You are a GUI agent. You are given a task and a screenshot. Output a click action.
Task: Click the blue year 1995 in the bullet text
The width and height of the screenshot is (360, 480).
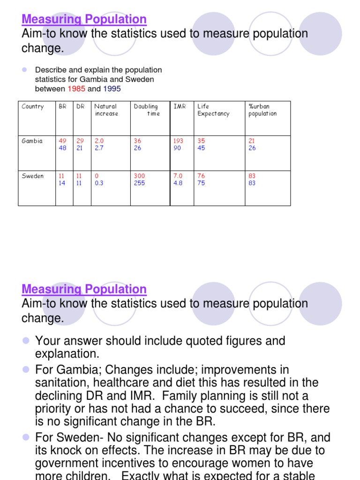pyautogui.click(x=112, y=89)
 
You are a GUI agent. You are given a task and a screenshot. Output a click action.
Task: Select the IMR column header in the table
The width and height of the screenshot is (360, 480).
pyautogui.click(x=180, y=106)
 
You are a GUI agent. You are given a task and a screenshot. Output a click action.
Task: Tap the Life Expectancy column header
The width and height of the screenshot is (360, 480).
pyautogui.click(x=213, y=110)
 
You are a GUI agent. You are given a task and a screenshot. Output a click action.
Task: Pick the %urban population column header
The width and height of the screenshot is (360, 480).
pyautogui.click(x=262, y=110)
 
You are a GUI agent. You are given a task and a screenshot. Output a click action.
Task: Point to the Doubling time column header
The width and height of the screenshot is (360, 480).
pyautogui.click(x=146, y=110)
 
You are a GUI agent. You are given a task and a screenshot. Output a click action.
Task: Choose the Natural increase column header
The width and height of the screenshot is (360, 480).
pyautogui.click(x=106, y=110)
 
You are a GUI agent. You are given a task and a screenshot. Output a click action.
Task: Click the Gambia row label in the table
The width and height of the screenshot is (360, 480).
pyautogui.click(x=32, y=141)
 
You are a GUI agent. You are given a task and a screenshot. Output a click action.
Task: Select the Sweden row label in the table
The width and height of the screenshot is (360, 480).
pyautogui.click(x=32, y=176)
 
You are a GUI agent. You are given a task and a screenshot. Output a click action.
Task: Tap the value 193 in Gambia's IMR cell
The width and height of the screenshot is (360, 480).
pyautogui.click(x=179, y=141)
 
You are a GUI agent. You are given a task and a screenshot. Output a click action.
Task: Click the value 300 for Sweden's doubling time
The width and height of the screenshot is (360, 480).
pyautogui.click(x=139, y=176)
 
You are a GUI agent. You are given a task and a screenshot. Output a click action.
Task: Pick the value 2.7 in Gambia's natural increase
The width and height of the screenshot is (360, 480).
pyautogui.click(x=99, y=148)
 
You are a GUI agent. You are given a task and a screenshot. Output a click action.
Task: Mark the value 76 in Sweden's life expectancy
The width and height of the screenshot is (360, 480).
pyautogui.click(x=201, y=176)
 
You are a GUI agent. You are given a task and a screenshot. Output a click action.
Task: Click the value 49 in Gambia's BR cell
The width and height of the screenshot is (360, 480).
pyautogui.click(x=62, y=141)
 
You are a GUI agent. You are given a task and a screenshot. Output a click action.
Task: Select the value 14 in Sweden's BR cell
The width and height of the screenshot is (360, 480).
pyautogui.click(x=62, y=183)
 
